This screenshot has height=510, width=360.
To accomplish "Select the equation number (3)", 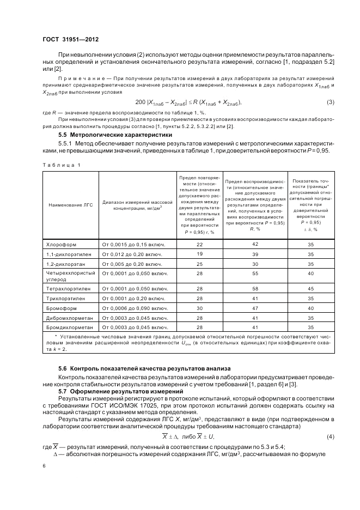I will (x=330, y=102).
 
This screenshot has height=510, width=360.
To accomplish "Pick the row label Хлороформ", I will (x=58, y=245).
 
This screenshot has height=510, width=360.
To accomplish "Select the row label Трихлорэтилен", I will (x=62, y=298).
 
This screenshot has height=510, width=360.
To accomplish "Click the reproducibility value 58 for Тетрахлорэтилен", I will (x=255, y=288).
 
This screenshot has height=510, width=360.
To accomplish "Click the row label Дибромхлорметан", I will (x=65, y=318).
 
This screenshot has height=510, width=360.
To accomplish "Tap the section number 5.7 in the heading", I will (x=64, y=392).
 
